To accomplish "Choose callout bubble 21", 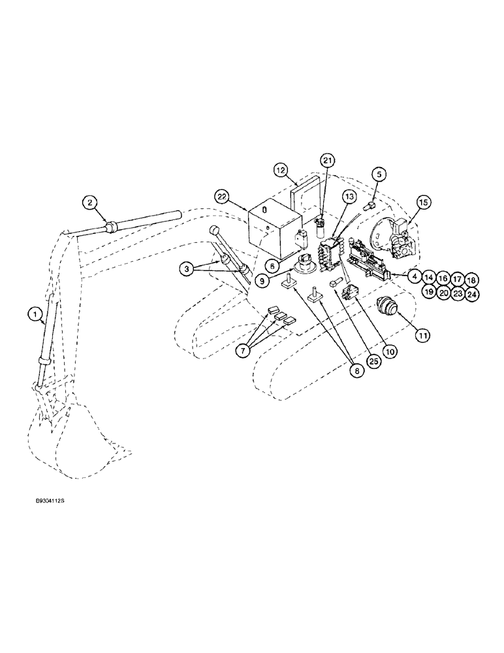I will pos(328,161).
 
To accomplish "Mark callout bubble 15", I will pos(423,204).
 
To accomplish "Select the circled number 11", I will pos(422,335).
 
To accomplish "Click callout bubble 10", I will pos(390,351).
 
